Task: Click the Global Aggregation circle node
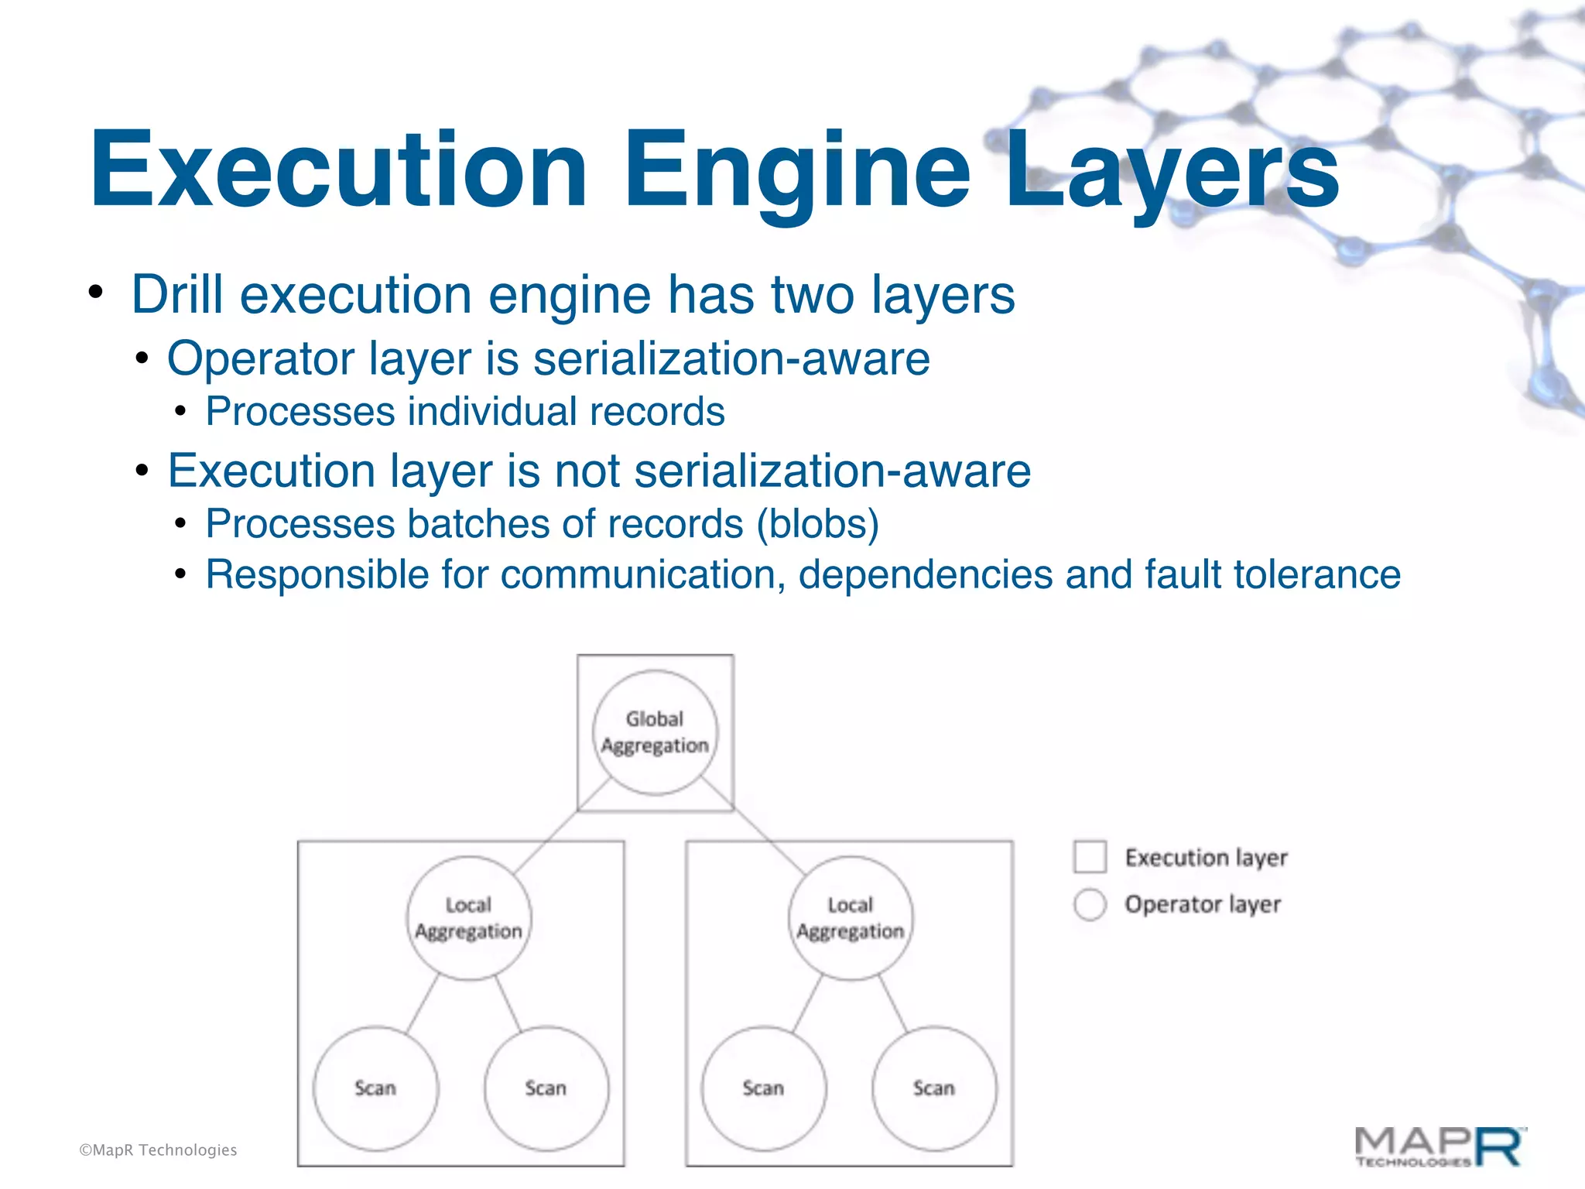[655, 732]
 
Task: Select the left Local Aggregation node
[469, 918]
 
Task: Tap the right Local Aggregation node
[851, 918]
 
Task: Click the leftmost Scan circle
[375, 1088]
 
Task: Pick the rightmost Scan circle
[934, 1088]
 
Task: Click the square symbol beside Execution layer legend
[1090, 857]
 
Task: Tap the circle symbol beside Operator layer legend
[1090, 904]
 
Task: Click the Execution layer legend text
[1206, 858]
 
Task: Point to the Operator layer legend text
[1203, 904]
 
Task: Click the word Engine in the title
[797, 172]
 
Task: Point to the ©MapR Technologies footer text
[158, 1150]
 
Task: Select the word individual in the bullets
[492, 412]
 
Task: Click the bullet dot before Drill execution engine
[95, 293]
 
